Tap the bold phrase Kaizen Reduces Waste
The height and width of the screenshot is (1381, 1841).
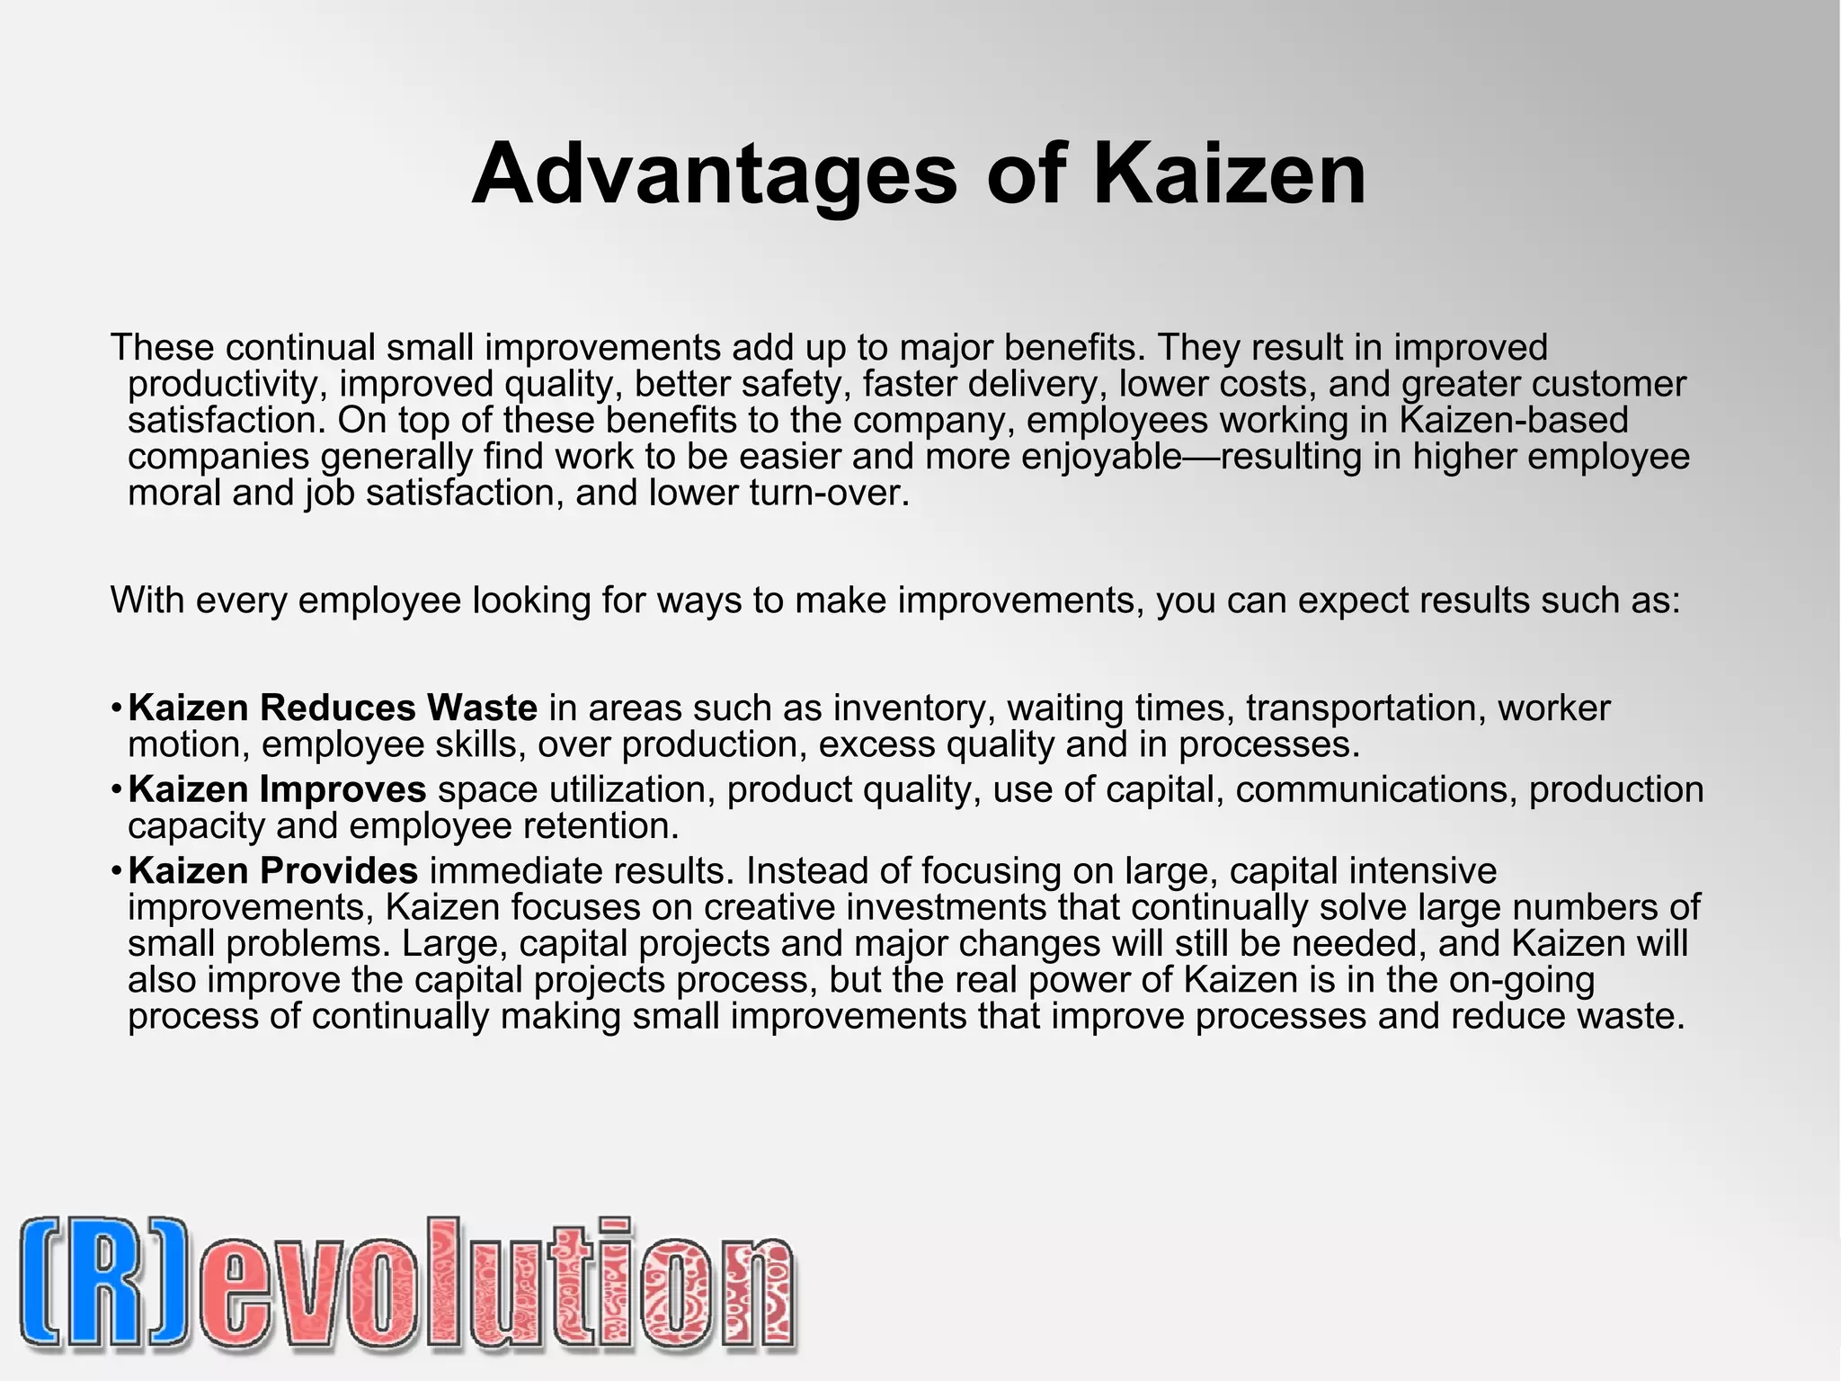(333, 708)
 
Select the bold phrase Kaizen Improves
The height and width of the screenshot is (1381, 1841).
(277, 789)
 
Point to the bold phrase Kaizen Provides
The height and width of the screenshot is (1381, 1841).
(272, 871)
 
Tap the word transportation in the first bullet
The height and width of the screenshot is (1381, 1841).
(1362, 708)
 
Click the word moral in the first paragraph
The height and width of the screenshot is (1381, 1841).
(174, 493)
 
